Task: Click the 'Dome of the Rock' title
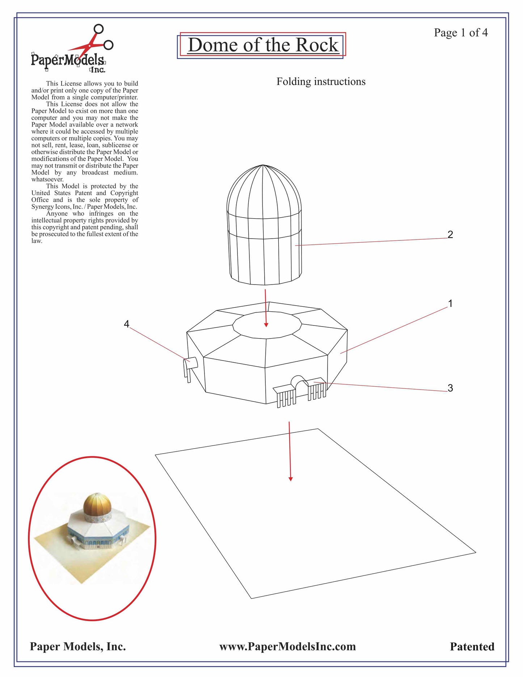(263, 45)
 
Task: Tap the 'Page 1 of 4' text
(460, 33)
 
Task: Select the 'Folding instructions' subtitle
(321, 82)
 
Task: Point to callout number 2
(450, 235)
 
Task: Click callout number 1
(450, 303)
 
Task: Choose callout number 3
(450, 388)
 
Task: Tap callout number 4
(126, 324)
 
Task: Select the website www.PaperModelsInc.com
(287, 647)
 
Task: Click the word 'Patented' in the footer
(472, 647)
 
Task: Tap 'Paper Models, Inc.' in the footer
(78, 647)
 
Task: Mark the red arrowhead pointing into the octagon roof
(266, 325)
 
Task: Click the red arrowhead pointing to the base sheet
(290, 479)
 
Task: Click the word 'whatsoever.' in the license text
(47, 180)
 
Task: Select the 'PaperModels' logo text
(68, 60)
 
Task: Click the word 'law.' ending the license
(37, 241)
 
